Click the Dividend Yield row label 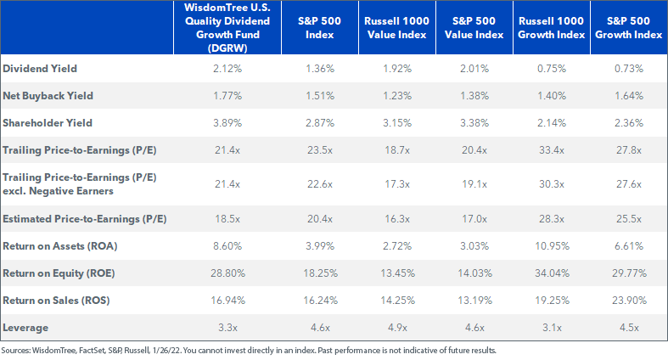[40, 69]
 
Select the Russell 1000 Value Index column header [397, 28]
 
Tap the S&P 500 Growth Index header [628, 28]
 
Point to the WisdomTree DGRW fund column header [227, 28]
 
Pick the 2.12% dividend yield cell [227, 69]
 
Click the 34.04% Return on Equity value [552, 273]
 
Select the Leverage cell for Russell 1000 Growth [552, 328]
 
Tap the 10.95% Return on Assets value [552, 246]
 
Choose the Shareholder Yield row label [48, 123]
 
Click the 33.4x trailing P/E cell [552, 150]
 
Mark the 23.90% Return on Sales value [629, 301]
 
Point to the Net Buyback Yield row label [48, 96]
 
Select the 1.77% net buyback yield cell [227, 96]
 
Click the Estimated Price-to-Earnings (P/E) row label [84, 219]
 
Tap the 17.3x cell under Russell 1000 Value [397, 184]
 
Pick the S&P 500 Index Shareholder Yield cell [320, 123]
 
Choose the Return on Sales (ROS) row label [56, 301]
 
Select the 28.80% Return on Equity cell [227, 273]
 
